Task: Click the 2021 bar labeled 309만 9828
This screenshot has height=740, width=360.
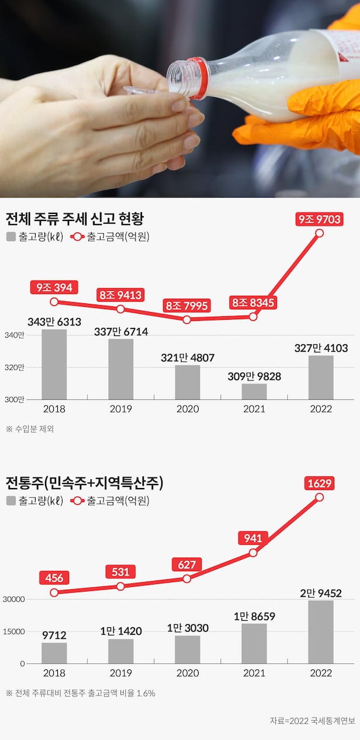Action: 254,392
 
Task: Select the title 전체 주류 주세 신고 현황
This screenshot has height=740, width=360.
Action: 75,219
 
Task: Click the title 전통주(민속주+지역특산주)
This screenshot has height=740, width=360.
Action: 84,483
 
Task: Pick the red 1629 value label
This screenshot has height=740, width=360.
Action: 319,483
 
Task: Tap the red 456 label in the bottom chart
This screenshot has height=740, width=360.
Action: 54,578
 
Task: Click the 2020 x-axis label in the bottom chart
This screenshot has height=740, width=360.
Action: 187,673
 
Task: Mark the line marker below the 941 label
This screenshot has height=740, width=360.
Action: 253,553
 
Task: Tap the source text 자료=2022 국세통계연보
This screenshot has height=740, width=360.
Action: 312,720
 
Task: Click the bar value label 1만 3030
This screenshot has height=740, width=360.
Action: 188,628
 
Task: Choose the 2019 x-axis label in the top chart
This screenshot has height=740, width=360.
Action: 120,409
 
